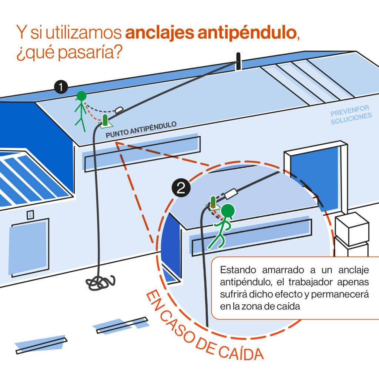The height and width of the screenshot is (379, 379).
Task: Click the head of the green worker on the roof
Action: (81, 96)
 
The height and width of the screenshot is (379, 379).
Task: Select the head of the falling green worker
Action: (228, 211)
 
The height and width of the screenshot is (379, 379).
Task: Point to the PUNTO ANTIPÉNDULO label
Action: (141, 130)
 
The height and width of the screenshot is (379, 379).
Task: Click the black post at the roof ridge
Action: (239, 61)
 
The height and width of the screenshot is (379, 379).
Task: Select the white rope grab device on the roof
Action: (119, 110)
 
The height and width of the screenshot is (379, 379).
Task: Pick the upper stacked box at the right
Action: (352, 228)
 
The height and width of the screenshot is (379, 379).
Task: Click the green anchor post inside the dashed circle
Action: (213, 202)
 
